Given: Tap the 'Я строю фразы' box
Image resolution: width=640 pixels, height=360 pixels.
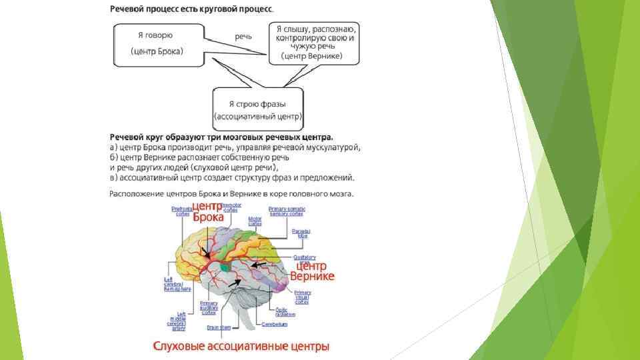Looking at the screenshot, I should tap(258, 109).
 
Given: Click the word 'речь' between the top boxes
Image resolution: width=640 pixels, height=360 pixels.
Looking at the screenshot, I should tap(243, 36).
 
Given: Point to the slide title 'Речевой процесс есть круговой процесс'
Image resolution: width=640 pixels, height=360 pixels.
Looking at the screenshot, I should tap(191, 9).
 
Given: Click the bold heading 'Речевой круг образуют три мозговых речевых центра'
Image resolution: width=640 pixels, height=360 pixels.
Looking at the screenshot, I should tap(222, 137).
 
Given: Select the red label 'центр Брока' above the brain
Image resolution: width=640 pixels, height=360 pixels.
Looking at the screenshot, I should tap(207, 211).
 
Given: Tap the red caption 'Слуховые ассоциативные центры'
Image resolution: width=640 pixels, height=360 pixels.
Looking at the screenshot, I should tap(242, 346).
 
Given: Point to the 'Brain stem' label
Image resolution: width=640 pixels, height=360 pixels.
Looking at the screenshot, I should tap(218, 327).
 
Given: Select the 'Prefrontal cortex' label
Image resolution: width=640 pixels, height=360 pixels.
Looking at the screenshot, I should tap(181, 211).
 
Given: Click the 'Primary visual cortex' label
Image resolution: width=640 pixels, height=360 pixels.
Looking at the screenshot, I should tap(302, 297).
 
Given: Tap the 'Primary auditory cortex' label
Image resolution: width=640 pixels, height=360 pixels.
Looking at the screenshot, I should tap(209, 308).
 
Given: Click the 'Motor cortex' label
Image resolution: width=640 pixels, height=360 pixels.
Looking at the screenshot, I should tap(254, 221).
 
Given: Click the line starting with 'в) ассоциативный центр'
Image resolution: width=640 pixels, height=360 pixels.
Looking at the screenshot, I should tap(231, 177).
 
